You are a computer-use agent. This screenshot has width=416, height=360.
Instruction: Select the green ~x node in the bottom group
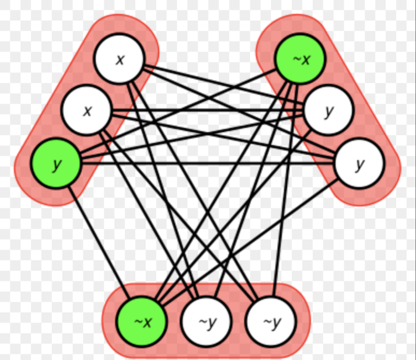[142, 321]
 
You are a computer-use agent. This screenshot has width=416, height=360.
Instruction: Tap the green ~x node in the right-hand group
[300, 59]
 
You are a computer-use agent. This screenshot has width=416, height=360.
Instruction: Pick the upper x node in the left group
[120, 59]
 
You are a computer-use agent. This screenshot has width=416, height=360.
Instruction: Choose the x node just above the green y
[87, 110]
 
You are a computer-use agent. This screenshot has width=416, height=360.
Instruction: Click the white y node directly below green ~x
[329, 110]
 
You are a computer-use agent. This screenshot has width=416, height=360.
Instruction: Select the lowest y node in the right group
[359, 163]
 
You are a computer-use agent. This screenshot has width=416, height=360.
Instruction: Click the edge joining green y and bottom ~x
[99, 243]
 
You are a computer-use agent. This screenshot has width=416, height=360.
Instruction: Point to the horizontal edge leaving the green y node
[209, 163]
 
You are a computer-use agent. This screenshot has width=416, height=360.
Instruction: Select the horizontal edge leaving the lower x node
[209, 111]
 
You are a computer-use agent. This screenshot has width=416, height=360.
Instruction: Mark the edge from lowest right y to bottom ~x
[250, 240]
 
